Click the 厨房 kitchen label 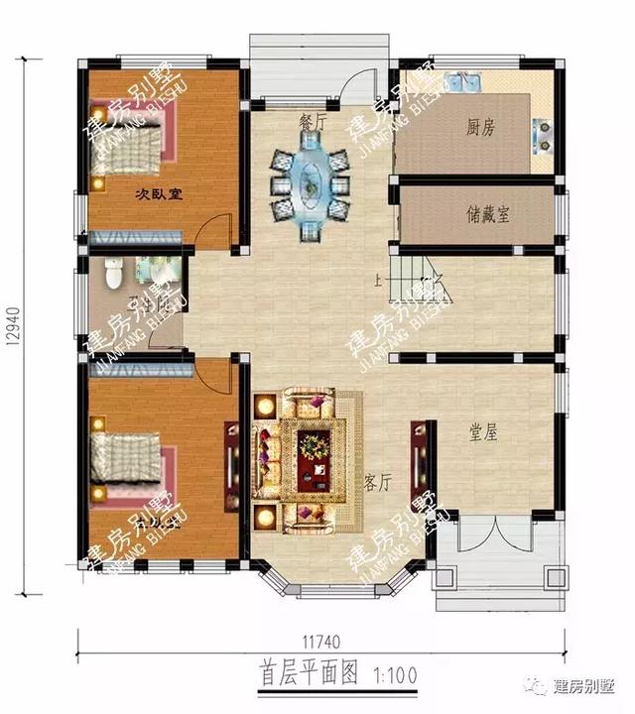pyautogui.click(x=481, y=127)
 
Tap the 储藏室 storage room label pyautogui.click(x=487, y=213)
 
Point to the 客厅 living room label pyautogui.click(x=378, y=482)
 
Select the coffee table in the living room pyautogui.click(x=314, y=447)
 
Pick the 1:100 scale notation pyautogui.click(x=395, y=676)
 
